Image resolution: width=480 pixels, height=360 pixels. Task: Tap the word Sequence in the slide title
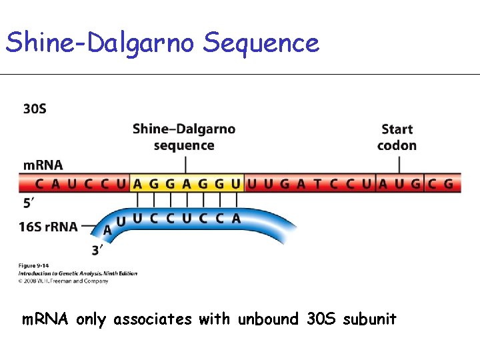(261, 44)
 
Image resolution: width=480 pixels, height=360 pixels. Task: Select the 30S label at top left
(35, 109)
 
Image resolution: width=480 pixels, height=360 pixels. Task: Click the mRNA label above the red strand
(43, 165)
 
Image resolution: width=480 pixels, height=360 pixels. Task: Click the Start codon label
(397, 137)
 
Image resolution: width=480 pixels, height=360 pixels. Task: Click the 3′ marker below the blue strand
(97, 251)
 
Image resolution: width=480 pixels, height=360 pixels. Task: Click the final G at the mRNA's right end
(448, 183)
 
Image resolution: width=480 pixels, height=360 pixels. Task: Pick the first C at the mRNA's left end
(40, 183)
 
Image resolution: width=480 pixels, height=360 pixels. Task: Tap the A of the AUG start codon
(383, 183)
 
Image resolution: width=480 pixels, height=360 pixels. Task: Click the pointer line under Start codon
(397, 164)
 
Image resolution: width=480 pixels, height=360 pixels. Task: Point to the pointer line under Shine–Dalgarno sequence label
(184, 164)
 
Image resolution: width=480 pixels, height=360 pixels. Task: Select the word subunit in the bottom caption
(369, 319)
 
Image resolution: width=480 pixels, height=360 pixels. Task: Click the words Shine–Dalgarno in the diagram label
(184, 129)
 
